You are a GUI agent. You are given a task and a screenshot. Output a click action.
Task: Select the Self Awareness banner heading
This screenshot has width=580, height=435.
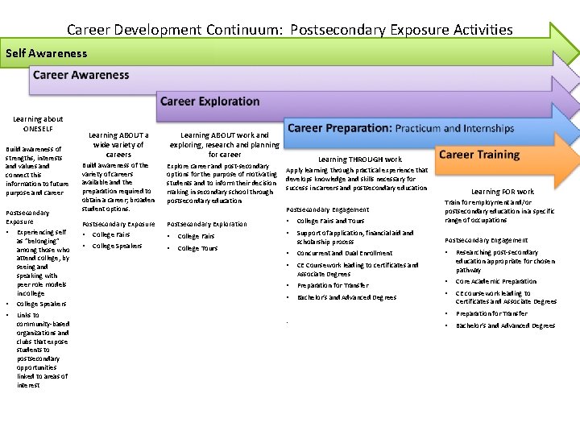coord(46,53)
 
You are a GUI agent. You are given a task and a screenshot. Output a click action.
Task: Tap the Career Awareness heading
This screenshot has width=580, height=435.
coord(81,75)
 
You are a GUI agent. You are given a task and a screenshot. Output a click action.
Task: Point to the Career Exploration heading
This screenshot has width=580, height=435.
coord(209,101)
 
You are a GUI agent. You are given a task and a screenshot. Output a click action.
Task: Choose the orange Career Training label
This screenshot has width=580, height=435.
coord(479,154)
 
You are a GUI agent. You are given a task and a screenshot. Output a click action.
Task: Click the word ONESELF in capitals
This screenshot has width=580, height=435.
coord(38,129)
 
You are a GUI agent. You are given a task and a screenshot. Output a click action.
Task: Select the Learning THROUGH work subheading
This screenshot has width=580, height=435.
coord(359,159)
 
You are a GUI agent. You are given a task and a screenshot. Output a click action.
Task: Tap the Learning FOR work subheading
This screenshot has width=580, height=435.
coord(502,192)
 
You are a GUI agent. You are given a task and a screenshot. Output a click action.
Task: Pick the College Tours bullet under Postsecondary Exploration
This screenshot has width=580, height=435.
coord(197,248)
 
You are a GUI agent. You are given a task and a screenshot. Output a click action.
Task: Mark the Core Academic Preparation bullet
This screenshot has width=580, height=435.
coord(495,281)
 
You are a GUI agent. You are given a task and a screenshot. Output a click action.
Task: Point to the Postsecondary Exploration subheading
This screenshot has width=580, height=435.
coord(206,223)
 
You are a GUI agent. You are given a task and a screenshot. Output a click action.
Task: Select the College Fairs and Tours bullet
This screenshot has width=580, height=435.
coord(330,221)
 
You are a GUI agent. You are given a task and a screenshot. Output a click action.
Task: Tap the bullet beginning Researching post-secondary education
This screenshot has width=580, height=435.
coord(503,261)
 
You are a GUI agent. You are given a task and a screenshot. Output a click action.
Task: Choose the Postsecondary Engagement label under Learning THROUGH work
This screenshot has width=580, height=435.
coord(321,209)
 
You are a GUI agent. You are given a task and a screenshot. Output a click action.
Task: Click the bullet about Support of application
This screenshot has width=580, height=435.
coord(354,237)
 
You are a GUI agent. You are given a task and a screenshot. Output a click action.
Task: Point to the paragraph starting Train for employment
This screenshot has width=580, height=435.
coord(499,211)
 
